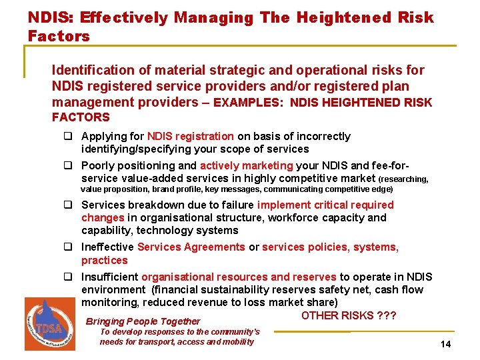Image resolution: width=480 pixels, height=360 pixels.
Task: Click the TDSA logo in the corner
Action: pos(50,323)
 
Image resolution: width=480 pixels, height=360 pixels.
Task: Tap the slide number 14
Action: pos(446,344)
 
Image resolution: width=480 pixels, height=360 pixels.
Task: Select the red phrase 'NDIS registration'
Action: pos(190,137)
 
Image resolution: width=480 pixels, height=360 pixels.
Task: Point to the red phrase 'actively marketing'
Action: pos(246,166)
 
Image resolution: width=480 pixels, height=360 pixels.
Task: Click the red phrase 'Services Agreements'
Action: pos(191,247)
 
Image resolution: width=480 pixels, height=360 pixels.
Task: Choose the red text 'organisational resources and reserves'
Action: pos(238,277)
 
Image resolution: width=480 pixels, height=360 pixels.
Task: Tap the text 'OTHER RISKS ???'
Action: pos(349,315)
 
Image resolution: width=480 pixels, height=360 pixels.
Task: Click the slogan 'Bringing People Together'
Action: pos(143,321)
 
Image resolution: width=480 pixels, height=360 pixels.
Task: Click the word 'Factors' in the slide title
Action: pos(59,36)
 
